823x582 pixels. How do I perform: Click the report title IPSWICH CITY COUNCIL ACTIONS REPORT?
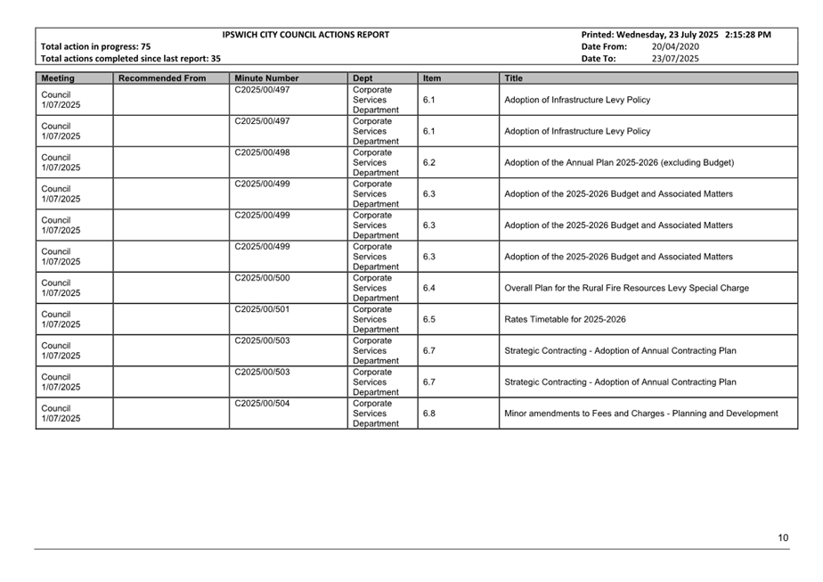[306, 35]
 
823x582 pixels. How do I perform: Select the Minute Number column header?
[266, 78]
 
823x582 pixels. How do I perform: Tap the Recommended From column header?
[162, 78]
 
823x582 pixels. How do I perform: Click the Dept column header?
[363, 78]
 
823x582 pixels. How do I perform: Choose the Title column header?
[514, 78]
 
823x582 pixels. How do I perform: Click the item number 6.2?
[429, 163]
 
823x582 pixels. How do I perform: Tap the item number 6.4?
[429, 288]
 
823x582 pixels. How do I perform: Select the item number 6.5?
[429, 319]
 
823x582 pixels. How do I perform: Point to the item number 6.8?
[429, 414]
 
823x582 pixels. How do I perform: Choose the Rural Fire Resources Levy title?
[626, 288]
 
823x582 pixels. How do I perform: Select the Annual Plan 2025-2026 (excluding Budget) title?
[619, 163]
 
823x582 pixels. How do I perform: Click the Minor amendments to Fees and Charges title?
[640, 414]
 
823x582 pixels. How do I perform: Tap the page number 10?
[783, 537]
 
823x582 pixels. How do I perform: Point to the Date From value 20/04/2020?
[675, 46]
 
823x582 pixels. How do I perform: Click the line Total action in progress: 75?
[96, 46]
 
